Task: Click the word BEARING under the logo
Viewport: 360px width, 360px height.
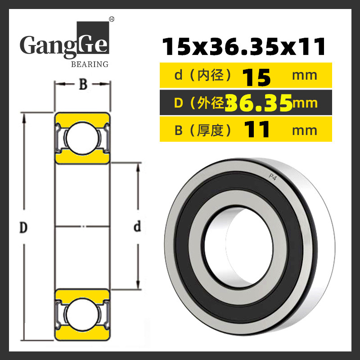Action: [90, 64]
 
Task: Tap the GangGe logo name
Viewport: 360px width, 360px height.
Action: [64, 44]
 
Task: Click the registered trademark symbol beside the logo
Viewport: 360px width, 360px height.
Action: [112, 19]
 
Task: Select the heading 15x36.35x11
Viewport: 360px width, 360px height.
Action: [244, 47]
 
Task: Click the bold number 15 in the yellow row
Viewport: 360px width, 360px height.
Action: [257, 78]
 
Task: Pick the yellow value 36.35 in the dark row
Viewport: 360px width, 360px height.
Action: [259, 103]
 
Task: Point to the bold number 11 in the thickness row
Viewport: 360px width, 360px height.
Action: [256, 129]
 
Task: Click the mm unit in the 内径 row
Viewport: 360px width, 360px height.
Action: [305, 76]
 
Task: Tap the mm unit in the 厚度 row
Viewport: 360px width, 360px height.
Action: [305, 130]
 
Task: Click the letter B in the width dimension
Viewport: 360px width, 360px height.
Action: [83, 84]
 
